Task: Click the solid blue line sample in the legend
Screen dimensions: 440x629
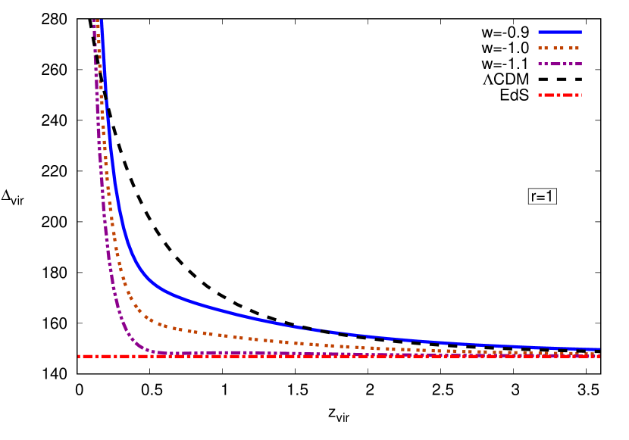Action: pos(560,33)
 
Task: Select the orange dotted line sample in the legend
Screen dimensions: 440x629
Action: pos(560,48)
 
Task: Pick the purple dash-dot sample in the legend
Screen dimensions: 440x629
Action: pos(560,64)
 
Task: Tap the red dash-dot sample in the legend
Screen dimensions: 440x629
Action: pos(560,95)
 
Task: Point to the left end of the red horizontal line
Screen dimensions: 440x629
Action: pos(78,356)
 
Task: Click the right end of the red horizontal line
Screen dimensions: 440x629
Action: pos(599,356)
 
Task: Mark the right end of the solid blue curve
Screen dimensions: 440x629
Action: pos(599,349)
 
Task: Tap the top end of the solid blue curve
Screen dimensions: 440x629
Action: pos(102,21)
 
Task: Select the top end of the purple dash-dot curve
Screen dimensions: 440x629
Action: pos(94,21)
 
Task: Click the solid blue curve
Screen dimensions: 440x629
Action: pos(303,326)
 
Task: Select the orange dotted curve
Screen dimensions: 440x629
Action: pos(265,339)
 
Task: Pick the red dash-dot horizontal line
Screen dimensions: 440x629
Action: pos(341,356)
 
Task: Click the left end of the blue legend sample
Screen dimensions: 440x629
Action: pos(539,33)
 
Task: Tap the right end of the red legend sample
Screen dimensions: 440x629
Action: pos(581,95)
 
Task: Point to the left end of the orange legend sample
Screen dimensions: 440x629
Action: pos(539,48)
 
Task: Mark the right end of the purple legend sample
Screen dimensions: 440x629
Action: pos(581,64)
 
